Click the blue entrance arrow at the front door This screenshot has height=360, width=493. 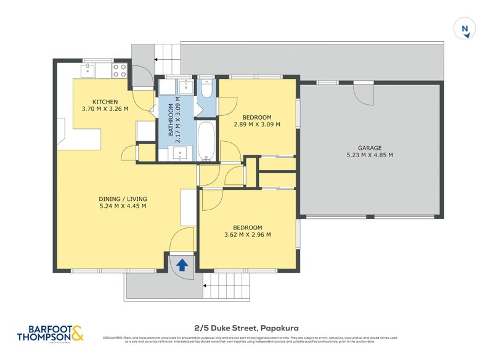(x=182, y=265)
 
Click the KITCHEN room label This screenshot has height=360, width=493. (x=105, y=102)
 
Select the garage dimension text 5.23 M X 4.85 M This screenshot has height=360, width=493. (x=370, y=155)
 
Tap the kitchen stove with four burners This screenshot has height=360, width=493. (x=119, y=70)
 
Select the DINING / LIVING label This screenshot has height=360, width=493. (x=123, y=198)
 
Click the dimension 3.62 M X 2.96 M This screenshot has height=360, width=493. (x=248, y=234)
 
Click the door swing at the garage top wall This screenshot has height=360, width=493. (x=364, y=93)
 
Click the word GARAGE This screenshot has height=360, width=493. (x=370, y=148)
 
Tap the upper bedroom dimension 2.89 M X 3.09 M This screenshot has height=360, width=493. (x=257, y=124)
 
